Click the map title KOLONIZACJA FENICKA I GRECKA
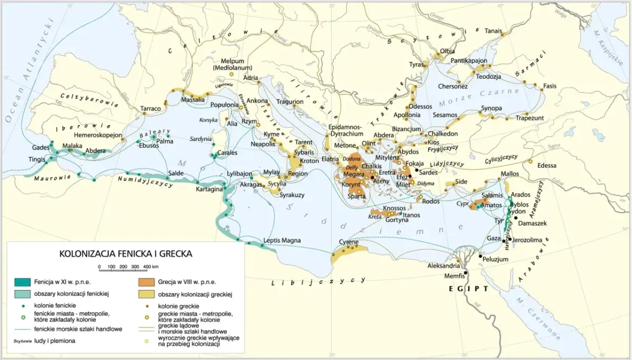[125, 253]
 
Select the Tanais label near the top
[493, 31]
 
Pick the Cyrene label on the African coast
[348, 243]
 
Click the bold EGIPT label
[468, 289]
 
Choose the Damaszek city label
[532, 223]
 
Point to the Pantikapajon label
[469, 61]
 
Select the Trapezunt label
[529, 118]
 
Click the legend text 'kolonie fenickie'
[55, 305]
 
